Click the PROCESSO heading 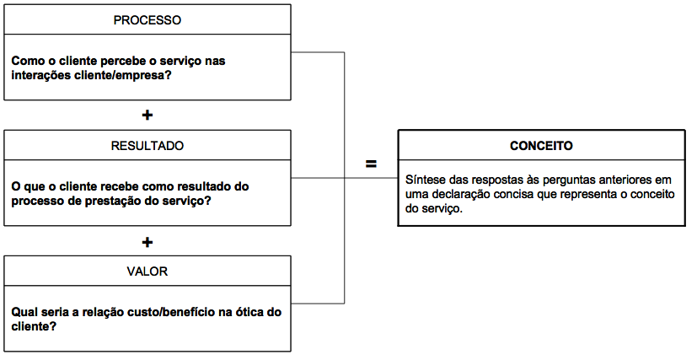tap(147, 20)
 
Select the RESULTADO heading tap(147, 146)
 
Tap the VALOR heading tap(147, 271)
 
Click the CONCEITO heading tap(541, 146)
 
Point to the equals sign tap(371, 164)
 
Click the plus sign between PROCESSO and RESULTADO tap(147, 116)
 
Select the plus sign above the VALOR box tap(147, 242)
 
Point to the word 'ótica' tap(247, 312)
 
